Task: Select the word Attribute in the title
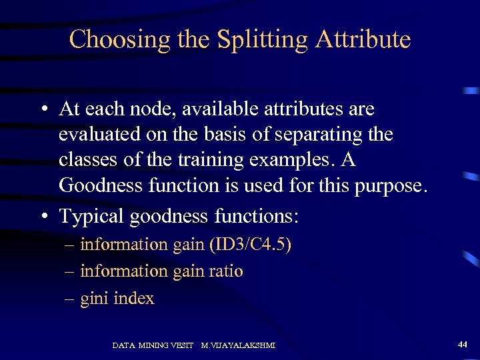[363, 39]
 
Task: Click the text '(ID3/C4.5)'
[250, 245]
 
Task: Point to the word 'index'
[134, 298]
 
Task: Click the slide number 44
[462, 344]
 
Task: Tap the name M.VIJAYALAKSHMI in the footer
[238, 345]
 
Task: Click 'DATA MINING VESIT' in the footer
[153, 345]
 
